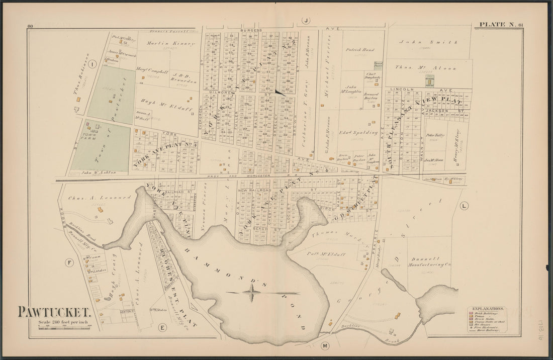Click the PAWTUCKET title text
(x=54, y=313)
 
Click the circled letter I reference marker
(x=93, y=64)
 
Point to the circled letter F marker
(x=70, y=262)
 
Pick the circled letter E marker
(x=162, y=328)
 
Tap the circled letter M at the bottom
(x=324, y=346)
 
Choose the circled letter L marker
(x=464, y=205)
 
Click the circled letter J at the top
(x=305, y=21)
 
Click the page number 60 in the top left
(x=30, y=26)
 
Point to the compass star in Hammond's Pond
(x=251, y=292)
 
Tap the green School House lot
(x=429, y=81)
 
